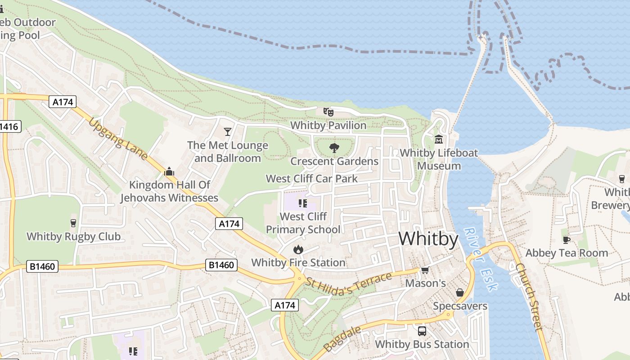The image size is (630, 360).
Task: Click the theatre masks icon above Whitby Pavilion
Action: coord(328,112)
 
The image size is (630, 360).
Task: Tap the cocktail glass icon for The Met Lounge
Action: coord(228,131)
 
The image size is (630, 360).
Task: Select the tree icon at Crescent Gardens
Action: coord(334,148)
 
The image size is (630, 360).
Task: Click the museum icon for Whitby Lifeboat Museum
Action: coord(439,139)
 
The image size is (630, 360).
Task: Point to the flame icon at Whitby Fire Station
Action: coord(298,249)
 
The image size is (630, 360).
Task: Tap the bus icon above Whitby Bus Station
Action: coord(422,331)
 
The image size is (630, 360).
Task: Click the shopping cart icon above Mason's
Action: coord(425,270)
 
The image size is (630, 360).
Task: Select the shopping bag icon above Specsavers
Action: coord(460,292)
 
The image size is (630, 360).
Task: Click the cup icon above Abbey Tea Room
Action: coord(567,239)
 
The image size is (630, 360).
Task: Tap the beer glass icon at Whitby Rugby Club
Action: coord(73,223)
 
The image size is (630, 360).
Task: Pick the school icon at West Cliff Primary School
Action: coord(303,203)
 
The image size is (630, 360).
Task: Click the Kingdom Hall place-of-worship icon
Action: coord(169,171)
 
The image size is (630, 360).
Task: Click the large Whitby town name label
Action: coord(428,238)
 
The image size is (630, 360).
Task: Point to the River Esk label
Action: coord(480,259)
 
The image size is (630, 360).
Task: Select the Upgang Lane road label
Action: coord(118,139)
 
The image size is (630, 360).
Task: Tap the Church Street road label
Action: coord(529,297)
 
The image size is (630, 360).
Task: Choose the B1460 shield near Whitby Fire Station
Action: coord(221,265)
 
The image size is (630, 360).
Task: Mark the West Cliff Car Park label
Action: coord(312,179)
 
